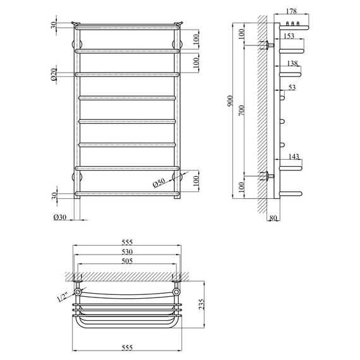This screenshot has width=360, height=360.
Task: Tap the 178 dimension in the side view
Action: tap(291, 11)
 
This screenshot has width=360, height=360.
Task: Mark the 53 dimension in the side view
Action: tap(291, 87)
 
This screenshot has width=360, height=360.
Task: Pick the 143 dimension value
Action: tap(293, 157)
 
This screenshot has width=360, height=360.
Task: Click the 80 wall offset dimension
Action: tap(272, 219)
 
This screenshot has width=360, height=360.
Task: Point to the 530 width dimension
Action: tap(127, 251)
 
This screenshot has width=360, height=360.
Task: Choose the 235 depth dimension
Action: tap(201, 305)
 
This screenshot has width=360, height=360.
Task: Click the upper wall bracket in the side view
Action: tap(270, 46)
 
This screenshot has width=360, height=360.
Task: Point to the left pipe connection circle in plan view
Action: tap(78, 293)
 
